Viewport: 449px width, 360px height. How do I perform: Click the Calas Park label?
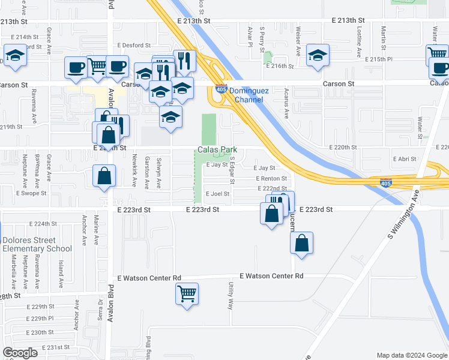(x=215, y=149)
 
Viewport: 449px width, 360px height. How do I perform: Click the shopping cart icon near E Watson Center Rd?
(x=187, y=294)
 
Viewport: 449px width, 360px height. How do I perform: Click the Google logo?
(x=20, y=353)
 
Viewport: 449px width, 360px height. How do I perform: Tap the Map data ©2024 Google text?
(x=412, y=355)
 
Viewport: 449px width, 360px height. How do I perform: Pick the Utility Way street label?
(x=231, y=297)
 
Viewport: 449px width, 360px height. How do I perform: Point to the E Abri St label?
(x=404, y=158)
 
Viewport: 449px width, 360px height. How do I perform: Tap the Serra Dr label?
(x=100, y=311)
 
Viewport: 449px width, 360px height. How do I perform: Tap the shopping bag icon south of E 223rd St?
(x=302, y=243)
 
